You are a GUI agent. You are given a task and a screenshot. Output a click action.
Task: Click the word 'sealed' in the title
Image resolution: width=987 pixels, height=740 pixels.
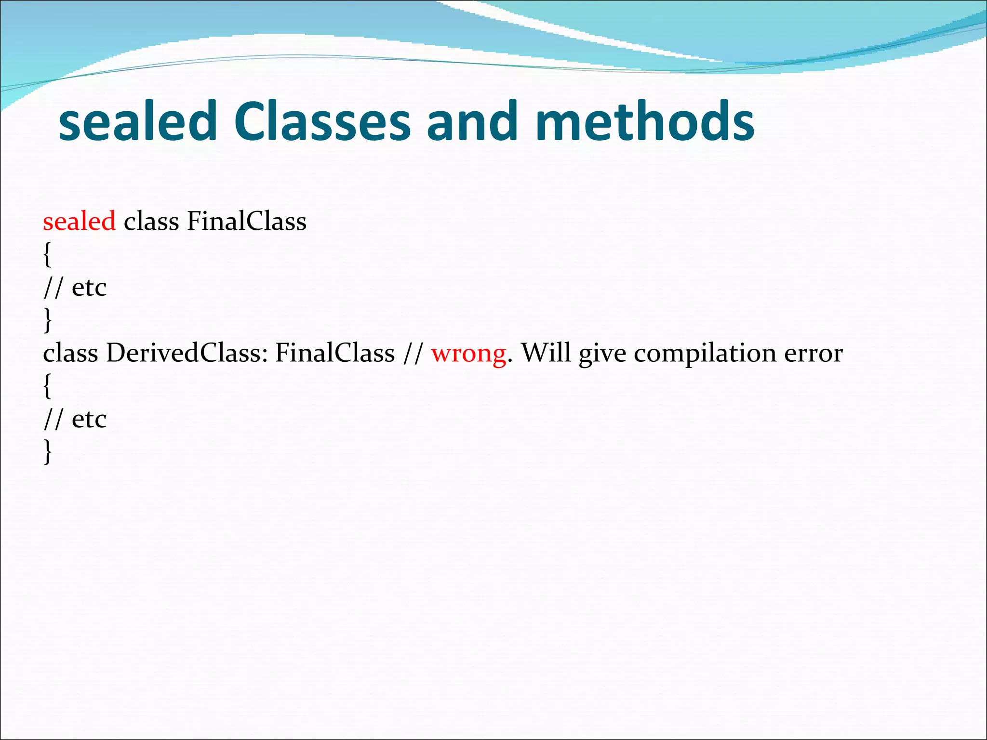[x=138, y=121]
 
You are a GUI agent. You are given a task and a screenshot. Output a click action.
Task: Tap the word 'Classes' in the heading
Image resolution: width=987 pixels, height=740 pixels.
[x=322, y=121]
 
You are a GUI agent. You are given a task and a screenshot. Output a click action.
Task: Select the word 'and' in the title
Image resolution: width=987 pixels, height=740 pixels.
[x=472, y=121]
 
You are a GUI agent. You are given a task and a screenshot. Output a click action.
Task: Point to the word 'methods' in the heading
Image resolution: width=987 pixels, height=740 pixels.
[x=645, y=121]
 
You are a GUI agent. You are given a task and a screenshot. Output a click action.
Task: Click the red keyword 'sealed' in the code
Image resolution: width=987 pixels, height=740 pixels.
[x=79, y=222]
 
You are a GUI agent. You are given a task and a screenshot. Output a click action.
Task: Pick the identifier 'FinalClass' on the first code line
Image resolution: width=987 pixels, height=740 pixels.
[x=246, y=222]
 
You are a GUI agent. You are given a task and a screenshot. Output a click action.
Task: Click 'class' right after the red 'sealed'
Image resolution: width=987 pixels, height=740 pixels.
[x=151, y=222]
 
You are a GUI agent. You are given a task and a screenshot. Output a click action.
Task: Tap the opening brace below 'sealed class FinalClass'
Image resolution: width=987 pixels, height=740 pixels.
[x=47, y=254]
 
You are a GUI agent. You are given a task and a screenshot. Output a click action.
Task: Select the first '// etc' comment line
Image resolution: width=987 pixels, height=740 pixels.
[x=75, y=288]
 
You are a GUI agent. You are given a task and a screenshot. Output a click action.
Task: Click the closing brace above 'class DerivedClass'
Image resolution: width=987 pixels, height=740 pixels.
[x=47, y=320]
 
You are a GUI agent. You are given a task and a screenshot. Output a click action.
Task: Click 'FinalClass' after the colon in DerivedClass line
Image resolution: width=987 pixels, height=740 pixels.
[x=335, y=353]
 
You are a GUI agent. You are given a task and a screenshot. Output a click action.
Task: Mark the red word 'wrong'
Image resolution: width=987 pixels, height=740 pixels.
[x=468, y=353]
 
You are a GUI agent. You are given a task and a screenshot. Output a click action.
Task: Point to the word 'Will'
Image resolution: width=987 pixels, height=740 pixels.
[x=546, y=353]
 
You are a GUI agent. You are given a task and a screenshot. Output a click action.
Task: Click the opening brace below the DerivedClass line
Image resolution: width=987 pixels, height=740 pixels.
[x=47, y=386]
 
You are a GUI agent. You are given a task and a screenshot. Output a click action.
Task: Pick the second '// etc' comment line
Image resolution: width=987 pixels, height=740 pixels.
[x=75, y=419]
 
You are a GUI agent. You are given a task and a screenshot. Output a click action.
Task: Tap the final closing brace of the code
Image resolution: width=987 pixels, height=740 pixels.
[x=47, y=452]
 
